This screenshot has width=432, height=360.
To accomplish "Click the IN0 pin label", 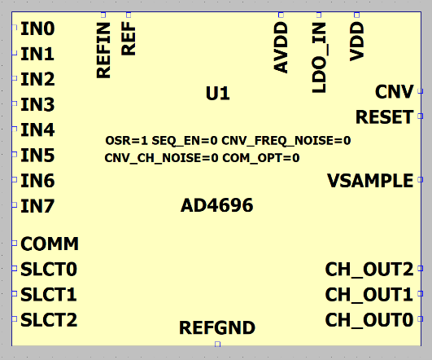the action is pyautogui.click(x=37, y=29).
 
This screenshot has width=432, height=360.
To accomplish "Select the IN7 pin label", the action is pyautogui.click(x=37, y=206).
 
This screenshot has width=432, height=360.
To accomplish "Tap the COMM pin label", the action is pyautogui.click(x=50, y=244).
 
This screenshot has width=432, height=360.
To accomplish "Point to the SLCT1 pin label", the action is pyautogui.click(x=49, y=294).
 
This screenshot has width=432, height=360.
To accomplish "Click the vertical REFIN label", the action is pyautogui.click(x=103, y=50).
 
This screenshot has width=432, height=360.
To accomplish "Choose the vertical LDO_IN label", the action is pyautogui.click(x=319, y=57).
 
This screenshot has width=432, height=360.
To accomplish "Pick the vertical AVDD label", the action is pyautogui.click(x=281, y=47).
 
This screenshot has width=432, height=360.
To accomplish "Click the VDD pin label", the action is pyautogui.click(x=356, y=42).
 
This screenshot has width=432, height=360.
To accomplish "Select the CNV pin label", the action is pyautogui.click(x=395, y=91).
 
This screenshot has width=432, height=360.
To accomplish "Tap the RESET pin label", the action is pyautogui.click(x=385, y=117).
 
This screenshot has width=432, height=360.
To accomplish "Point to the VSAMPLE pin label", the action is pyautogui.click(x=370, y=181).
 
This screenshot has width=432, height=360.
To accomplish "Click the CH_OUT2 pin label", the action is pyautogui.click(x=369, y=270).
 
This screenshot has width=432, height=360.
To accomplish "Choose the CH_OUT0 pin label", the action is pyautogui.click(x=369, y=320).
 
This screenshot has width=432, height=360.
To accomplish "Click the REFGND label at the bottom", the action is pyautogui.click(x=217, y=327).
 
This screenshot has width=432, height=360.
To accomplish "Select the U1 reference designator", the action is pyautogui.click(x=218, y=93).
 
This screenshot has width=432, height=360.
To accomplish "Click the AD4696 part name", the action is pyautogui.click(x=217, y=205).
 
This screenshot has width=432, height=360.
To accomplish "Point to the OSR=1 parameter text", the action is pyautogui.click(x=126, y=141).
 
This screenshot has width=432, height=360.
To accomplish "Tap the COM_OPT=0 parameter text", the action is pyautogui.click(x=261, y=158).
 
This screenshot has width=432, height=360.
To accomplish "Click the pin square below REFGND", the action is pyautogui.click(x=218, y=344).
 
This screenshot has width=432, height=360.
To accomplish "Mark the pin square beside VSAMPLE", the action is pyautogui.click(x=421, y=179).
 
